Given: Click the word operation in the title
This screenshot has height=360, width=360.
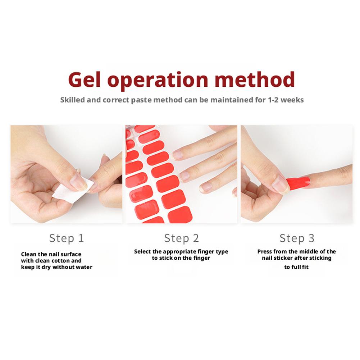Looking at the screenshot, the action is tap(158, 80).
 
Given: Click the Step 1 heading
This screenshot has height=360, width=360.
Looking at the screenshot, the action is tap(66, 238).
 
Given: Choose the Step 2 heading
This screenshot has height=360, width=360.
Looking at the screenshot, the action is tap(181, 238).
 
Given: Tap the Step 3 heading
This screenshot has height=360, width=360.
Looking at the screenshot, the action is tap(297, 238).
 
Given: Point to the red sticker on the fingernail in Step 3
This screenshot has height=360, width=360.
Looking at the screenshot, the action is tap(298, 183).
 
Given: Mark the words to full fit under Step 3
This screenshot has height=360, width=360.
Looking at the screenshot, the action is tap(296, 267).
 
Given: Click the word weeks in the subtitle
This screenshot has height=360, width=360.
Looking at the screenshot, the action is tap(292, 100).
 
